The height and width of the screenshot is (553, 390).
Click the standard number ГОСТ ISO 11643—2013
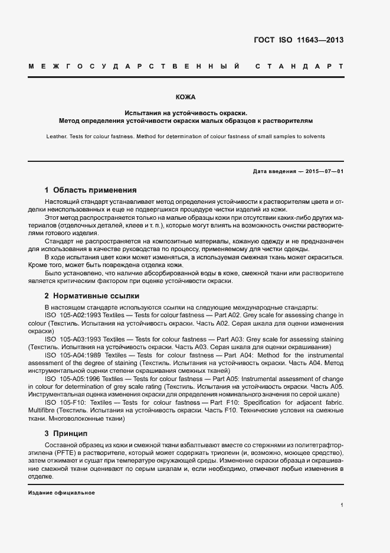pyautogui.click(x=297, y=40)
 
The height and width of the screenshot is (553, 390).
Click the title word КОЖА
pyautogui.click(x=185, y=96)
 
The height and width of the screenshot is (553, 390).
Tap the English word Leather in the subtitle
pyautogui.click(x=57, y=136)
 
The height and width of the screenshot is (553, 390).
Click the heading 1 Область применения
pyautogui.click(x=90, y=190)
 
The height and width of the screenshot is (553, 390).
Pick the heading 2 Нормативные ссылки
pyautogui.click(x=91, y=295)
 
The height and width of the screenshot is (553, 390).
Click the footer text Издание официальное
pyautogui.click(x=61, y=493)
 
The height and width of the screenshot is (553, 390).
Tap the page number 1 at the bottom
pyautogui.click(x=342, y=505)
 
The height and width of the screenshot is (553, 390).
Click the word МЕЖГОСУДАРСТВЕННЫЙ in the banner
pyautogui.click(x=133, y=66)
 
